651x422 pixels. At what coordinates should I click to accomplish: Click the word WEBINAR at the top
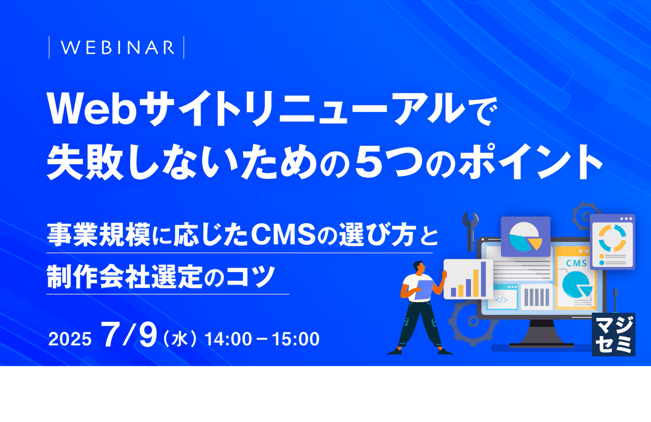117,47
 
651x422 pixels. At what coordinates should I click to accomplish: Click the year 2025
70,339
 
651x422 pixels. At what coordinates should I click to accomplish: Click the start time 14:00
228,339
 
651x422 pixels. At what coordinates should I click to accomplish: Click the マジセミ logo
614,334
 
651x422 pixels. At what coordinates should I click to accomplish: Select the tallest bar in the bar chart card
477,282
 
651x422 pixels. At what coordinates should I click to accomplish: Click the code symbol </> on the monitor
501,299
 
